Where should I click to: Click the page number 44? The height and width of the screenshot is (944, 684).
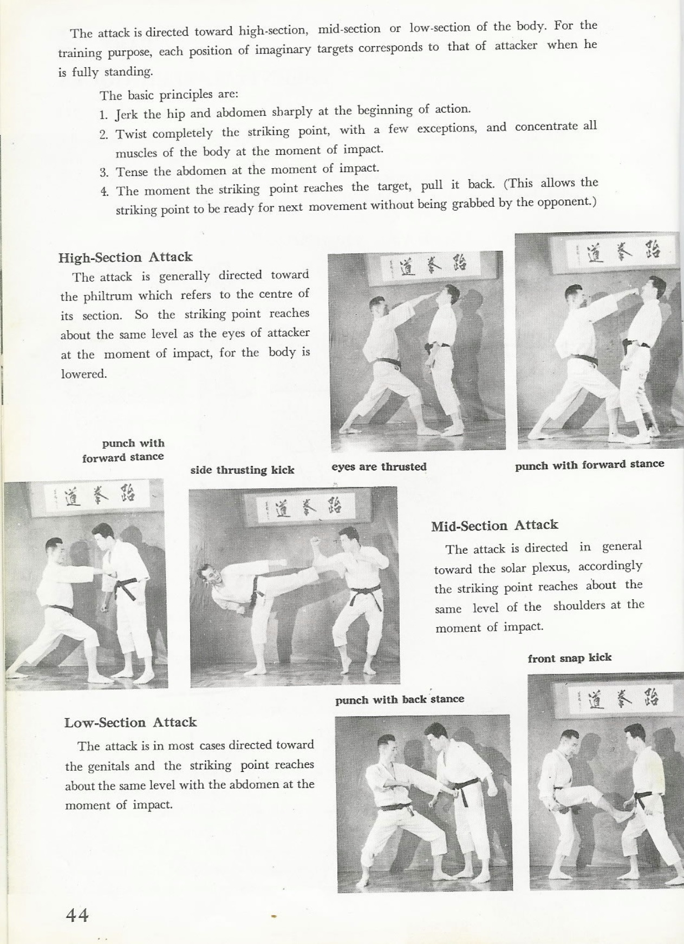coord(77,915)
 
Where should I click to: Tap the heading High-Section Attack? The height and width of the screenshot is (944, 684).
coord(126,257)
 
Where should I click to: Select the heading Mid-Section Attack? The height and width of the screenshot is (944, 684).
coord(494,526)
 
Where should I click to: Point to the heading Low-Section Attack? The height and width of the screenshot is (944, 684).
coord(131,723)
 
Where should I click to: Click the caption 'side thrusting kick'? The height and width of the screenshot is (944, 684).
coord(242,470)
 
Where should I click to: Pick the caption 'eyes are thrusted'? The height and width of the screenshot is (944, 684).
coord(379,467)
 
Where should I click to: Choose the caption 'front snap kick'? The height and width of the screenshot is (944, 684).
coord(570,658)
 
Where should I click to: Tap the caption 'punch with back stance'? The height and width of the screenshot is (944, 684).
coord(400,699)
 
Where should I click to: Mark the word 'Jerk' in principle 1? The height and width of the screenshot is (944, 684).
coord(127,115)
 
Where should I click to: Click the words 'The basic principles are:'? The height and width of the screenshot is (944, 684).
coord(169,95)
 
